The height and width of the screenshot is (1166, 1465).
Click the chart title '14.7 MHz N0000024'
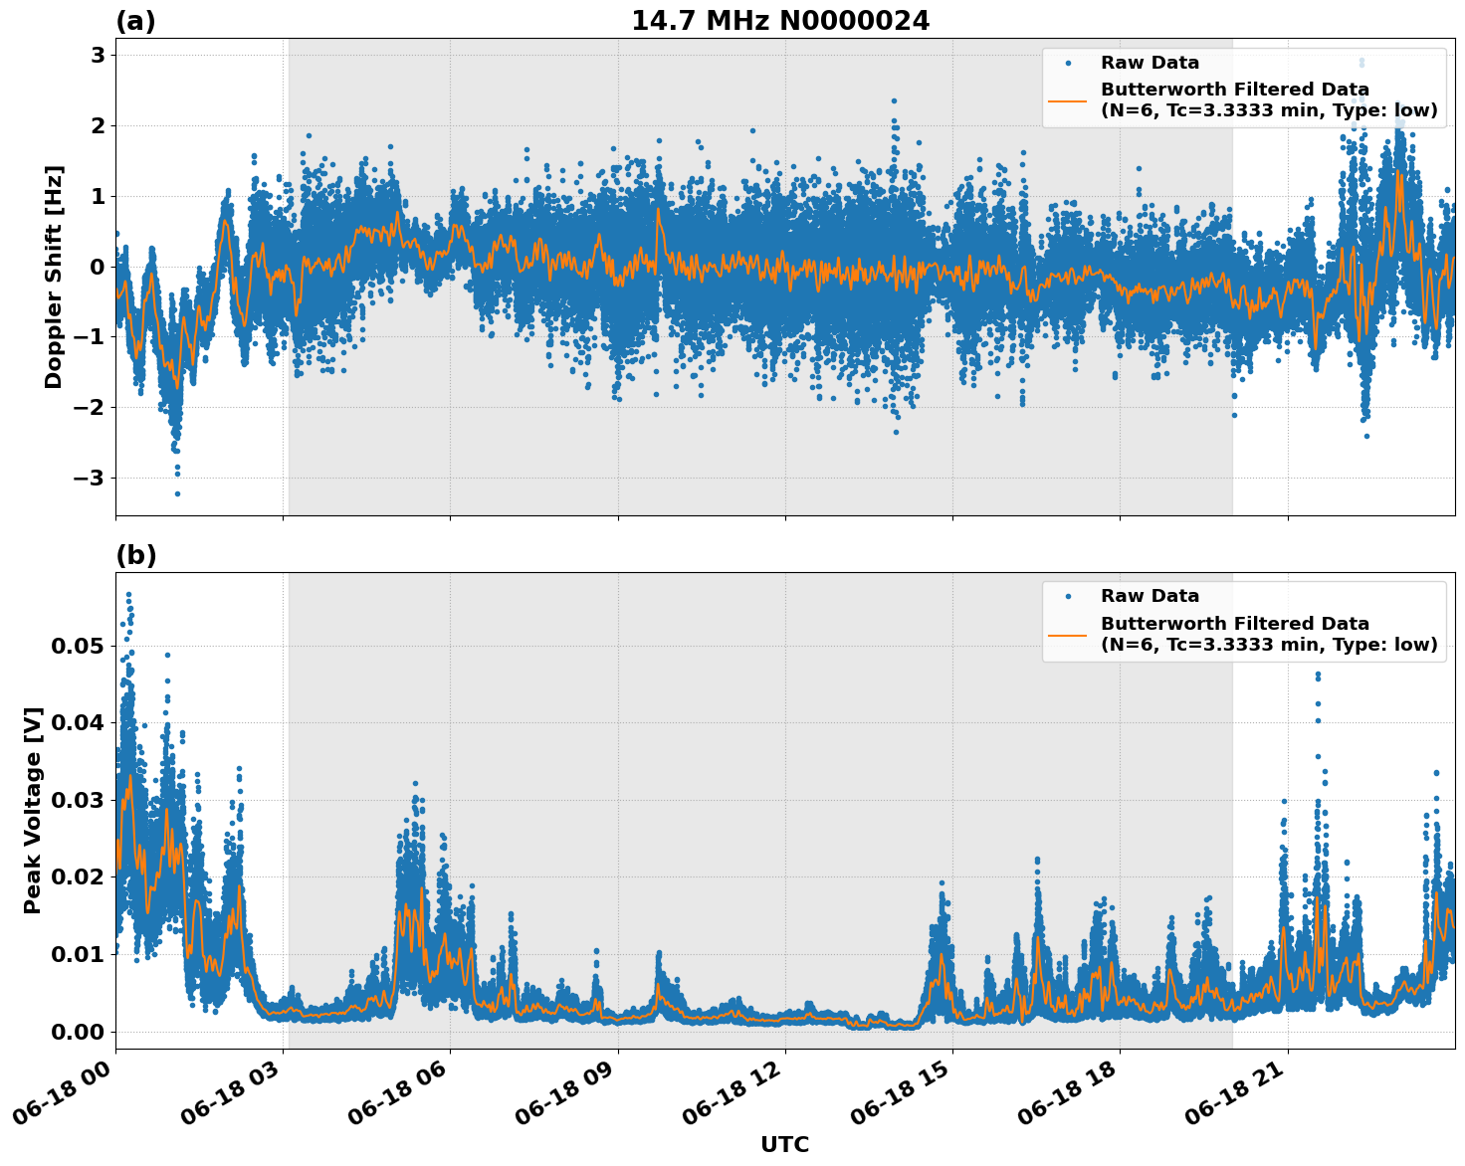(780, 21)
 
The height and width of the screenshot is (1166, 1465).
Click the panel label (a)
(135, 21)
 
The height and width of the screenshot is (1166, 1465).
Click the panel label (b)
(135, 555)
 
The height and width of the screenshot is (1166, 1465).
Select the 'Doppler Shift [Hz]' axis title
(54, 277)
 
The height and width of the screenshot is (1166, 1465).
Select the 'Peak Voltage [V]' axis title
(33, 810)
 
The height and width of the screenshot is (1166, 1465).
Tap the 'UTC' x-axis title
(784, 1144)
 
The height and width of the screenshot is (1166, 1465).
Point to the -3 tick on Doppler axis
(90, 479)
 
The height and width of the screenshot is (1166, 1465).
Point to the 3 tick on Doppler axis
(98, 56)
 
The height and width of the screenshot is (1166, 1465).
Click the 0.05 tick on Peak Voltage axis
(77, 647)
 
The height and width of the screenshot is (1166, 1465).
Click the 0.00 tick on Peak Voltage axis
(77, 1032)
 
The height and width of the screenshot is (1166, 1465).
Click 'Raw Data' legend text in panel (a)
(1150, 63)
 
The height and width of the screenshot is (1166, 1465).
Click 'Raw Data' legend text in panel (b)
(1150, 596)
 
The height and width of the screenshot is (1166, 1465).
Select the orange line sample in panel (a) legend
(1068, 100)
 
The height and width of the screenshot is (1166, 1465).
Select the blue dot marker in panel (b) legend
(1068, 596)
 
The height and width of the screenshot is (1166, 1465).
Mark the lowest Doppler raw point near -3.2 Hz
(177, 493)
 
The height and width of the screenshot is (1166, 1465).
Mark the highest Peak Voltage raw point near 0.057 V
(128, 594)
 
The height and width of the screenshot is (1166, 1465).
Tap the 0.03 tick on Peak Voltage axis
(77, 801)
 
